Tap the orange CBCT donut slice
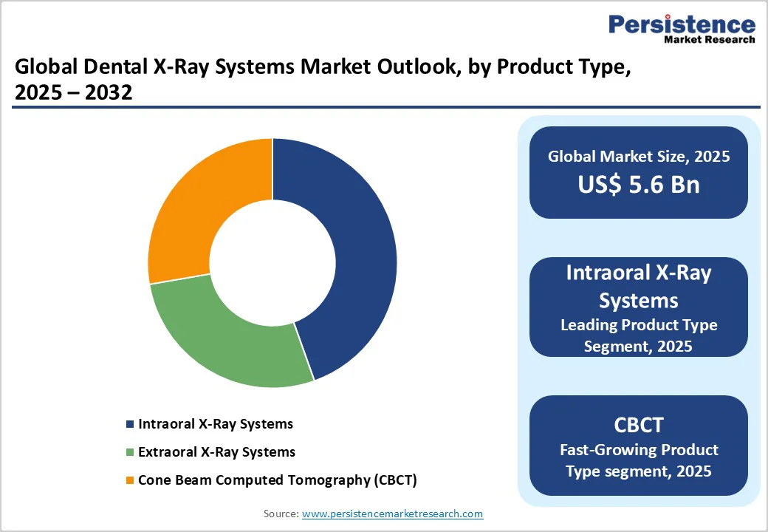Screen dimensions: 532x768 pos(196,214)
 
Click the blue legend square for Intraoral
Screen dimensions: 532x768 pos(130,424)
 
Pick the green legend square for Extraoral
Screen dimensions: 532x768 pos(130,452)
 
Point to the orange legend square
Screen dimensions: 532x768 pos(130,480)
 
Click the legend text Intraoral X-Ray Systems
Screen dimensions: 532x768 pos(216,424)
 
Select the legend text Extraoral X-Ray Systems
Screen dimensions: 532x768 pos(216,452)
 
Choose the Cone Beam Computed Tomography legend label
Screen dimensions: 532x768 pos(278,480)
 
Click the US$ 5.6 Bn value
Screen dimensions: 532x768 pos(639,184)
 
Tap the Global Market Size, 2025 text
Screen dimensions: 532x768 pos(639,157)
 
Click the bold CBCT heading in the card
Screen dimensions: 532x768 pos(639,425)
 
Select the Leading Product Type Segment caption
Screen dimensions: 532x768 pos(639,335)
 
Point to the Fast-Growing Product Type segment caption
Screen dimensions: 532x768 pos(639,460)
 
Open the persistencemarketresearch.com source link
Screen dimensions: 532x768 pos(392,514)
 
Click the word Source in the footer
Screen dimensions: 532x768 pos(281,514)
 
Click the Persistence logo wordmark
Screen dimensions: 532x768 pos(682,24)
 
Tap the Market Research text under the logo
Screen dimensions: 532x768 pos(710,39)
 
